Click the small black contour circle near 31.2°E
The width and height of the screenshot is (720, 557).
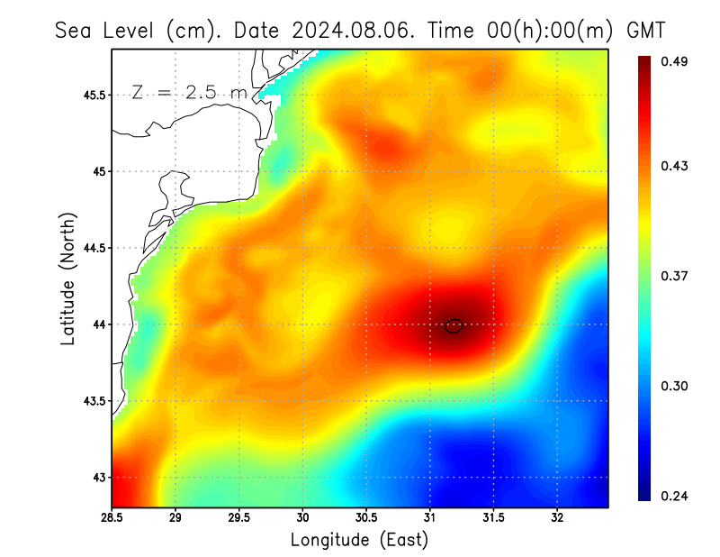point(454,326)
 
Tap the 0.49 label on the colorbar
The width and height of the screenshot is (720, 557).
point(676,61)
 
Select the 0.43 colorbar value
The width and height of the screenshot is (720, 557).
point(676,166)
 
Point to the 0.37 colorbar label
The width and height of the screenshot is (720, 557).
point(676,276)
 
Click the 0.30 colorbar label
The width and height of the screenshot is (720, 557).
point(676,386)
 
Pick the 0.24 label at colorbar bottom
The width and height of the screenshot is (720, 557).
point(676,496)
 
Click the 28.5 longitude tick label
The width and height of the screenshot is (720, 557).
point(112,518)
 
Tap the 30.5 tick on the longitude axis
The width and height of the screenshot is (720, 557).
point(366,518)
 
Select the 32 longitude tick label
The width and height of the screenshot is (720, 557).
point(557,518)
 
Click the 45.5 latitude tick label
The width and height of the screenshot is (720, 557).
point(90,95)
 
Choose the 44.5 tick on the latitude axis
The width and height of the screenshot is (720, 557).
point(90,248)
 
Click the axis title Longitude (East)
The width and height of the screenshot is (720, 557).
point(359,540)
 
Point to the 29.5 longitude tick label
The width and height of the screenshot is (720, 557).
point(239,518)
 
